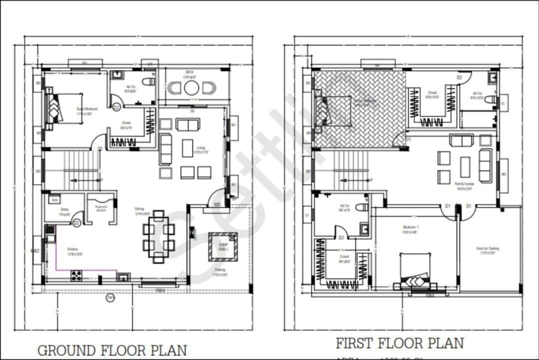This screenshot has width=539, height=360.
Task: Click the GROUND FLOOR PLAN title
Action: (x=112, y=350)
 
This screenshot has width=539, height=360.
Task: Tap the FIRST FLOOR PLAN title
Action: (x=399, y=343)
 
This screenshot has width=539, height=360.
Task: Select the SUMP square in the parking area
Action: (x=223, y=247)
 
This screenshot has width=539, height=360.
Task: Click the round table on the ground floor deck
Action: (x=192, y=88)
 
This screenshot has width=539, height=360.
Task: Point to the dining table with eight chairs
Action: (x=159, y=237)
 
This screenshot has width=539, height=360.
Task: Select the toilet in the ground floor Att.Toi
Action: (x=148, y=81)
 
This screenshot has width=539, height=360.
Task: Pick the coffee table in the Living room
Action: (x=188, y=148)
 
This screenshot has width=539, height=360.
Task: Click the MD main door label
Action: (x=218, y=204)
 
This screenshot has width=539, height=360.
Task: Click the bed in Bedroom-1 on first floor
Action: (x=414, y=272)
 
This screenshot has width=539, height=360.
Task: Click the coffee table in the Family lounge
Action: (x=465, y=167)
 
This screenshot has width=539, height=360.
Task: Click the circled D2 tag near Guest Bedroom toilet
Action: (x=116, y=107)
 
